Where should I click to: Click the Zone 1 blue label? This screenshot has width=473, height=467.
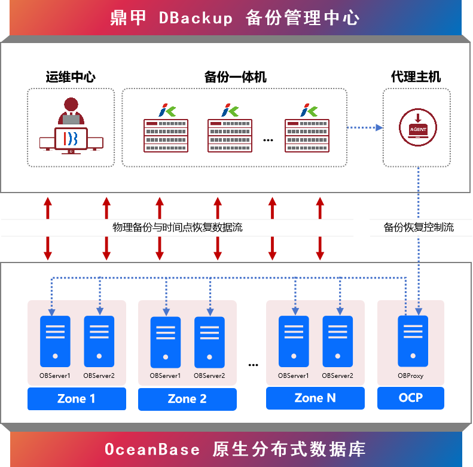77,399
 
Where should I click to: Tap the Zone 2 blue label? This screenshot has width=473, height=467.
187,399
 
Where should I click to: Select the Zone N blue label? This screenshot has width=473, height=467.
315,398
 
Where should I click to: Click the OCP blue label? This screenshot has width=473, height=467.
411,398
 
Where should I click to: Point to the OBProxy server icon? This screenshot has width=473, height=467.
413,341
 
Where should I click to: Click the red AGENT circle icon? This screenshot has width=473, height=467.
418,127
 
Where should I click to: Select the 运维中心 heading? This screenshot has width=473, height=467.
71,77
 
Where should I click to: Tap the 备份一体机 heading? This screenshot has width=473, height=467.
235,77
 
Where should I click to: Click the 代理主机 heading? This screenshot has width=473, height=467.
416,77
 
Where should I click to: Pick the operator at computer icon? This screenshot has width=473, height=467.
71,126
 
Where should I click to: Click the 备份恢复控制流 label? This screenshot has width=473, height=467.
419,227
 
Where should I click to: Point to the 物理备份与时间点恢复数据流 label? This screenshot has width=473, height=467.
178,227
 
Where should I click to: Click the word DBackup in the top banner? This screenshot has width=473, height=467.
196,18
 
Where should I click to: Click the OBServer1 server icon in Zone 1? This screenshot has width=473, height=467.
55,341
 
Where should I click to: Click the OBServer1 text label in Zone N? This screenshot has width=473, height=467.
293,376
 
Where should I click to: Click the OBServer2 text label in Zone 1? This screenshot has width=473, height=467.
99,376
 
